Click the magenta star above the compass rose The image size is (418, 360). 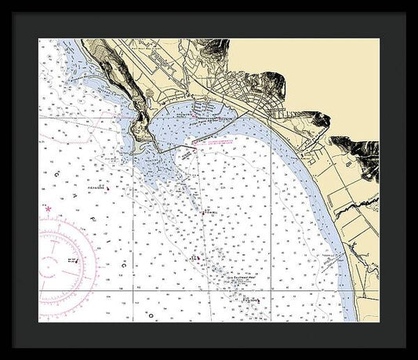pyautogui.click(x=49, y=209)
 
